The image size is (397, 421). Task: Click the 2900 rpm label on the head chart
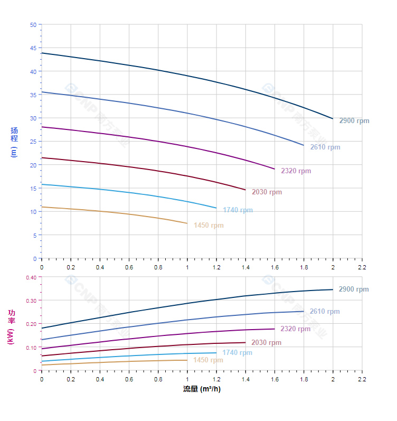click(x=354, y=121)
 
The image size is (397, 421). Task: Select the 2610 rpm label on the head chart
click(x=325, y=147)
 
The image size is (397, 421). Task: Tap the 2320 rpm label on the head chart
click(x=296, y=171)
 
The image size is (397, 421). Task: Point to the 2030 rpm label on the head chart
click(x=267, y=192)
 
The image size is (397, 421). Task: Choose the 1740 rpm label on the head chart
click(x=238, y=210)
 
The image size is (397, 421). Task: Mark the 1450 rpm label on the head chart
click(x=209, y=226)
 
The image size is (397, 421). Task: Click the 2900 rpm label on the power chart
click(x=354, y=289)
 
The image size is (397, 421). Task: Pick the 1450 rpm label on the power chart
click(x=208, y=360)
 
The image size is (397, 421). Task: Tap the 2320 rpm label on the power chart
click(x=296, y=329)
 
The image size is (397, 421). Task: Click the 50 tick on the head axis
click(x=33, y=25)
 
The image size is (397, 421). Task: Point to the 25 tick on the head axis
click(x=33, y=142)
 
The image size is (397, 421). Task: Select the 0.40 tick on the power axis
click(x=31, y=277)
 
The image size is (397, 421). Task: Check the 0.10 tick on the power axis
click(x=31, y=348)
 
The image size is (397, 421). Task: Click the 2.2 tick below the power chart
click(x=362, y=379)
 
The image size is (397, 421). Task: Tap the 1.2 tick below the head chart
click(x=216, y=267)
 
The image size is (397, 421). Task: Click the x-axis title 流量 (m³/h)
click(x=202, y=389)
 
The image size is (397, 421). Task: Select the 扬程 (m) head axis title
click(x=14, y=142)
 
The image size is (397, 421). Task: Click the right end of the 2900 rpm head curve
click(x=333, y=118)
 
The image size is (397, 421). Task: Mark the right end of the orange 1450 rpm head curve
click(x=187, y=223)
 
